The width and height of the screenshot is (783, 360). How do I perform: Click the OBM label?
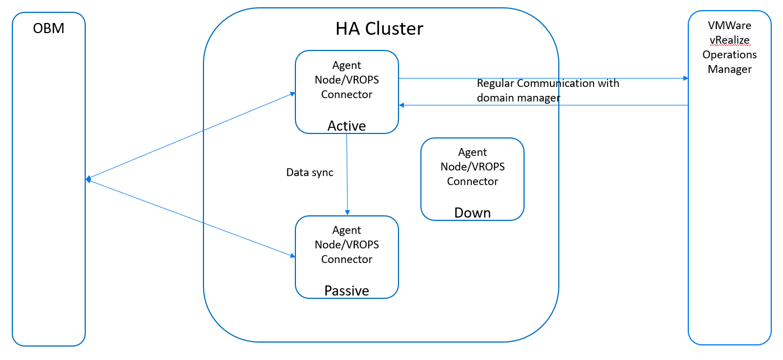[x=49, y=28]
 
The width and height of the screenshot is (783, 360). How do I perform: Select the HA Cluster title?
[x=379, y=29]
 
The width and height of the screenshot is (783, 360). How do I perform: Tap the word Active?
[x=346, y=126]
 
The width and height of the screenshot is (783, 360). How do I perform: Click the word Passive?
[x=346, y=290]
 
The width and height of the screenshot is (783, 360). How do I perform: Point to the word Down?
[x=472, y=213]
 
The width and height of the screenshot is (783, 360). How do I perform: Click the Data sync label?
[x=309, y=173]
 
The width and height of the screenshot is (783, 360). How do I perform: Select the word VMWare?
[x=729, y=26]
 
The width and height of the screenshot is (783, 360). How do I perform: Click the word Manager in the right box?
[x=729, y=70]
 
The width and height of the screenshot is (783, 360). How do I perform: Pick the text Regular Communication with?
[x=548, y=84]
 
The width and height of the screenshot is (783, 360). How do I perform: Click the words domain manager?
[x=518, y=98]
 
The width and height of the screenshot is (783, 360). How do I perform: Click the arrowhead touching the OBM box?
[x=88, y=179]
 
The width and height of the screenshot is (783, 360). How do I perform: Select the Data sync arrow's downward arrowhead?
[x=348, y=213]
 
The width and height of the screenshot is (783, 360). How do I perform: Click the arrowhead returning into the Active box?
[x=401, y=105]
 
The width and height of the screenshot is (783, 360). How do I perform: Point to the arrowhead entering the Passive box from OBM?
[x=292, y=256]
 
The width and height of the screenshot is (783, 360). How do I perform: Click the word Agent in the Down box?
[x=472, y=153]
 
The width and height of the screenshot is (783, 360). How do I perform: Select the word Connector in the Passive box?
[x=346, y=260]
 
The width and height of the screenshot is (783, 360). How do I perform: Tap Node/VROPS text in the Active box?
[x=346, y=80]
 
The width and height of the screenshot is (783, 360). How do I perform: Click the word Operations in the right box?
[x=729, y=55]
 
